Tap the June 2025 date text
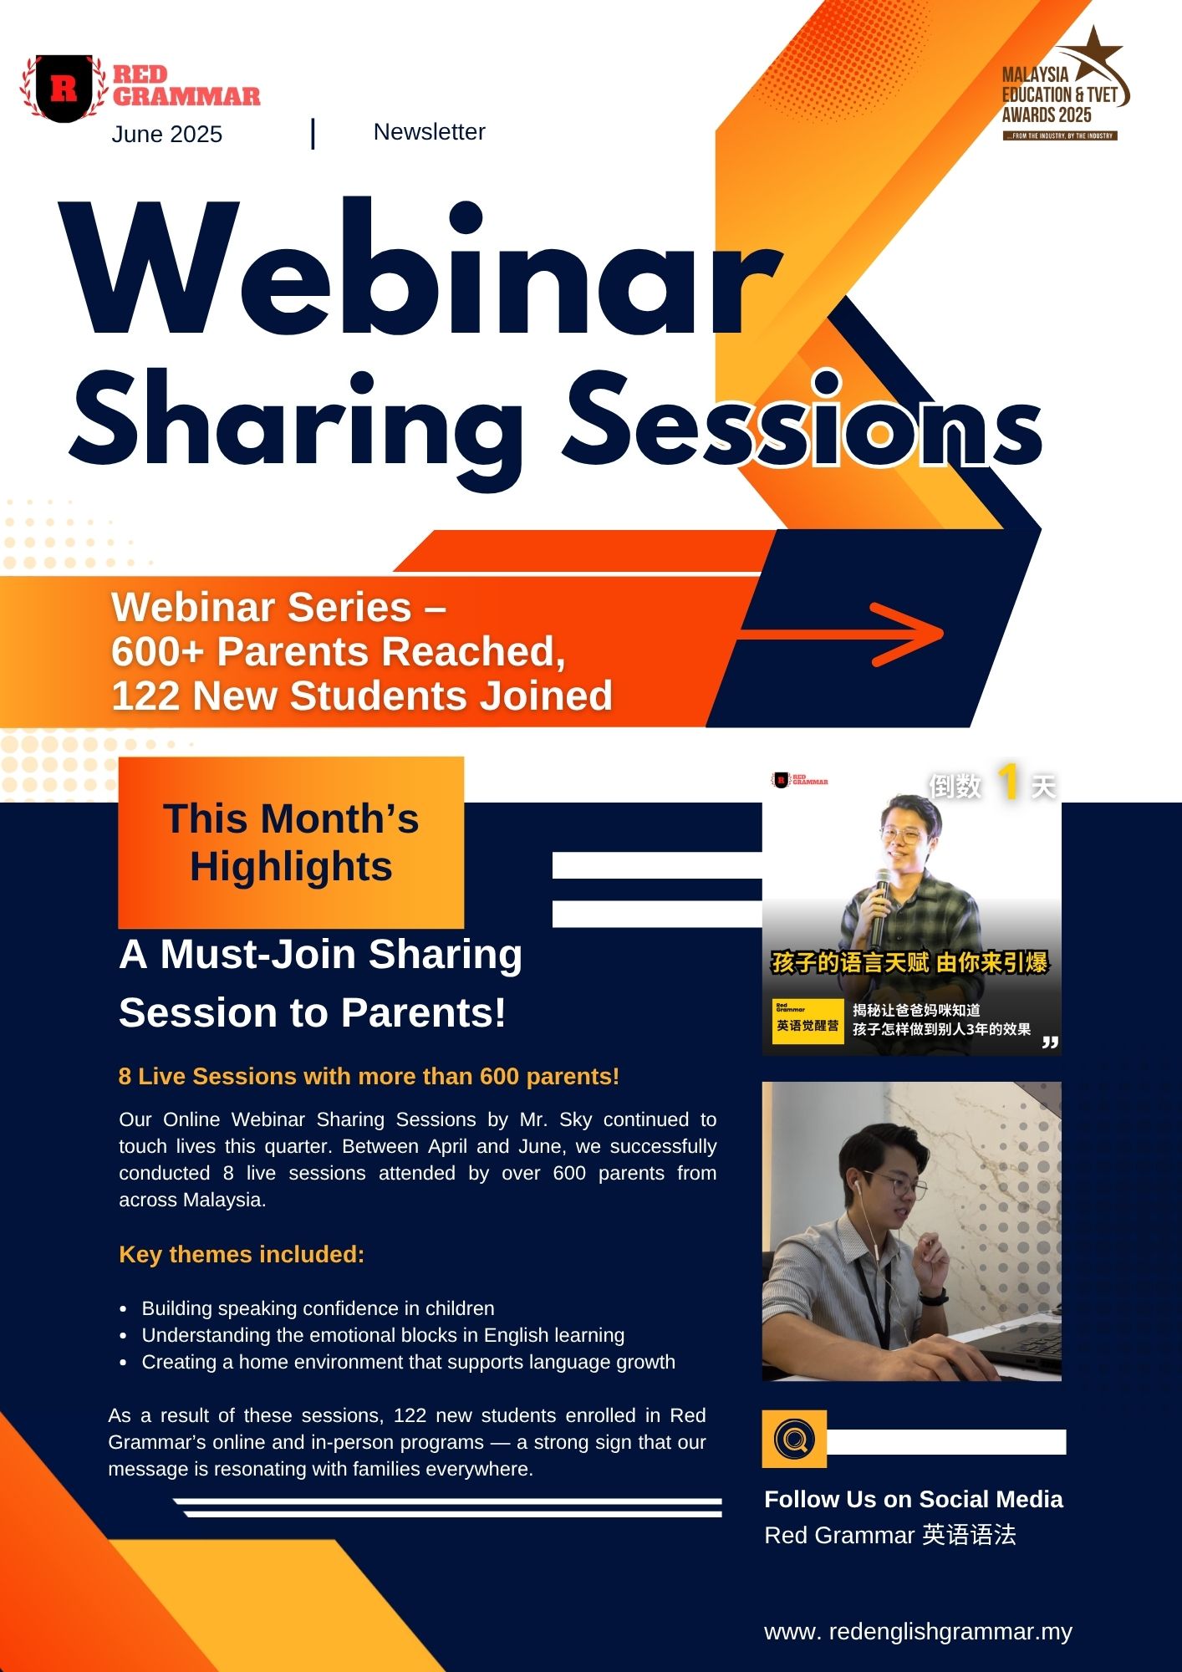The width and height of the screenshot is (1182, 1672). point(167,135)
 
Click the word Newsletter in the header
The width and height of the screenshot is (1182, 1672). point(429,132)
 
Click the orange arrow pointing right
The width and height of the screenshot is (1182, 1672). point(840,634)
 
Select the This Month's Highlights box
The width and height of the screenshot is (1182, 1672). point(291,843)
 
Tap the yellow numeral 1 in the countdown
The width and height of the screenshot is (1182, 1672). point(1009,782)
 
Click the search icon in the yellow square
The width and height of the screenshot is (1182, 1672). point(794,1439)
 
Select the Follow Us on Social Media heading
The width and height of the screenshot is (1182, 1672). point(914,1500)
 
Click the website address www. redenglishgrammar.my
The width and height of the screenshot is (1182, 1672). point(918,1631)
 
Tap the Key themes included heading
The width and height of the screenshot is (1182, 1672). point(242,1255)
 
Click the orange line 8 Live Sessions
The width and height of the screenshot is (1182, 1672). point(369,1077)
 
